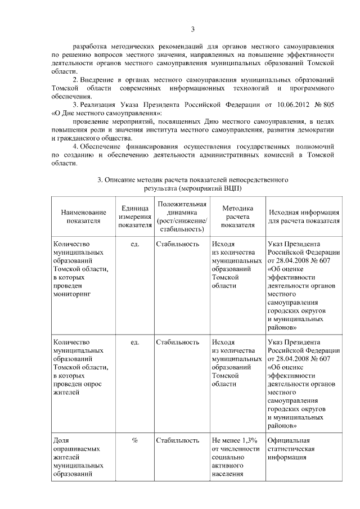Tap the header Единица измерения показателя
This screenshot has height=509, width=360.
coord(135,217)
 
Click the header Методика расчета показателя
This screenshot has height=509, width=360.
coord(237,217)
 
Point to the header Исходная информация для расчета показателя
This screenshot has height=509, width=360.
coord(303,217)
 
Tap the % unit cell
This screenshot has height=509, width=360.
coord(135,440)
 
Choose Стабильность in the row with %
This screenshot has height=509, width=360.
coord(178,440)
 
